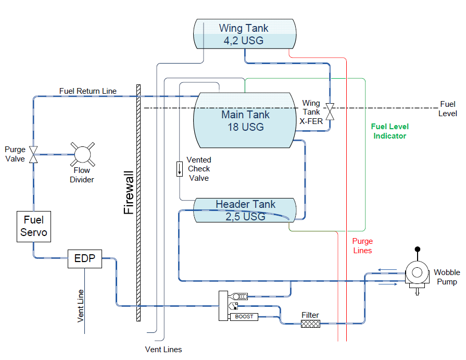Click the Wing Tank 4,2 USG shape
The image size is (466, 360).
(x=244, y=34)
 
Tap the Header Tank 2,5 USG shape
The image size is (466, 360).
(x=245, y=210)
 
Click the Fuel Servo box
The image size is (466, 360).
(x=34, y=226)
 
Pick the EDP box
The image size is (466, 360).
(x=84, y=258)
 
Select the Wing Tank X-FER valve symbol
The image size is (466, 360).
(x=330, y=111)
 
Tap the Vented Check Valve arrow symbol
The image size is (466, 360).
(x=180, y=168)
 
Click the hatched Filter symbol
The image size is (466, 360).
(x=310, y=324)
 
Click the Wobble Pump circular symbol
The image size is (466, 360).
(x=415, y=272)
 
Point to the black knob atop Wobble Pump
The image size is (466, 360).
(x=417, y=251)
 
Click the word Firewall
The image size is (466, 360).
(x=129, y=193)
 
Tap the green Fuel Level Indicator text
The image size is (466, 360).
(x=389, y=131)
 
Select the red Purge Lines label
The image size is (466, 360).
(x=362, y=245)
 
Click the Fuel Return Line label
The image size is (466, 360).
(x=87, y=91)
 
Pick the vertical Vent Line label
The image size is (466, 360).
(x=81, y=305)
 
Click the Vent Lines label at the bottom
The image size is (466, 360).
(x=163, y=349)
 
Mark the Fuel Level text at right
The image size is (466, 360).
(x=448, y=108)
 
